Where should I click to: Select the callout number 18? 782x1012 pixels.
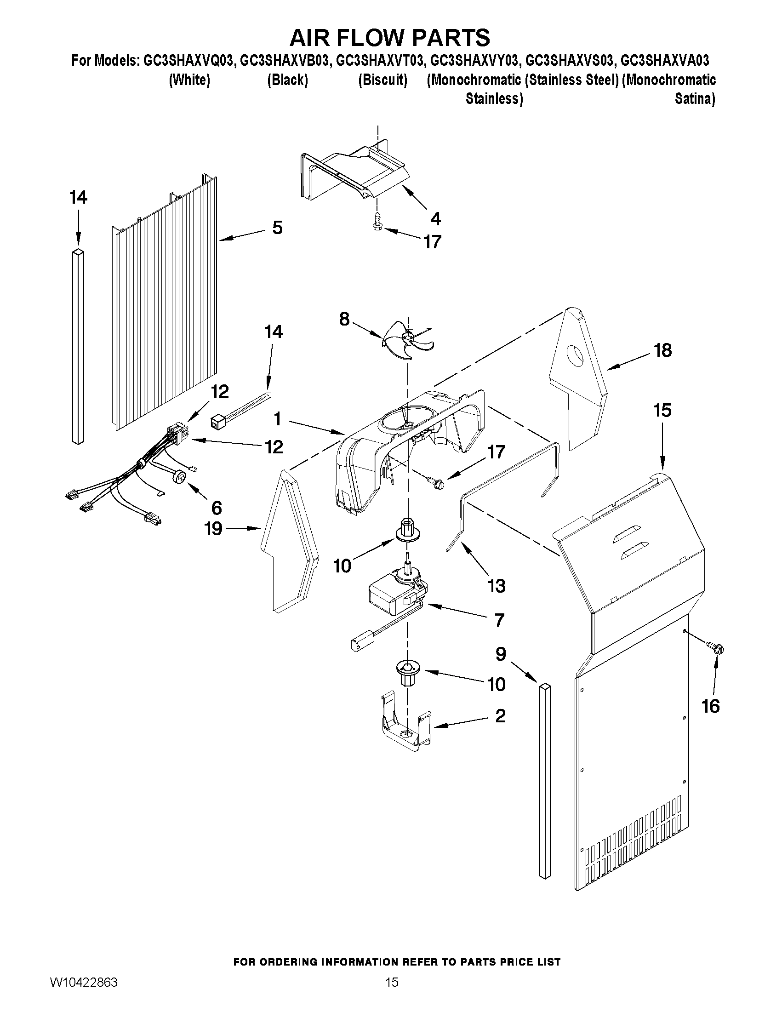[x=663, y=351]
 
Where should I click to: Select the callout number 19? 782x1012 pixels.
[x=214, y=529]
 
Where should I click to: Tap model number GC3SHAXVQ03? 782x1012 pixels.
[x=188, y=61]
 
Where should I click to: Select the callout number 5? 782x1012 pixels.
[x=277, y=228]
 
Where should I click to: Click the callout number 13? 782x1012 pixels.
[x=497, y=586]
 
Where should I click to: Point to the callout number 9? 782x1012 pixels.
[x=501, y=654]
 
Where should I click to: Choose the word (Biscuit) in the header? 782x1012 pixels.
[x=382, y=80]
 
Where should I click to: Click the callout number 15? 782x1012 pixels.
[x=662, y=410]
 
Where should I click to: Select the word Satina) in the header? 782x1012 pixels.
[x=695, y=99]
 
